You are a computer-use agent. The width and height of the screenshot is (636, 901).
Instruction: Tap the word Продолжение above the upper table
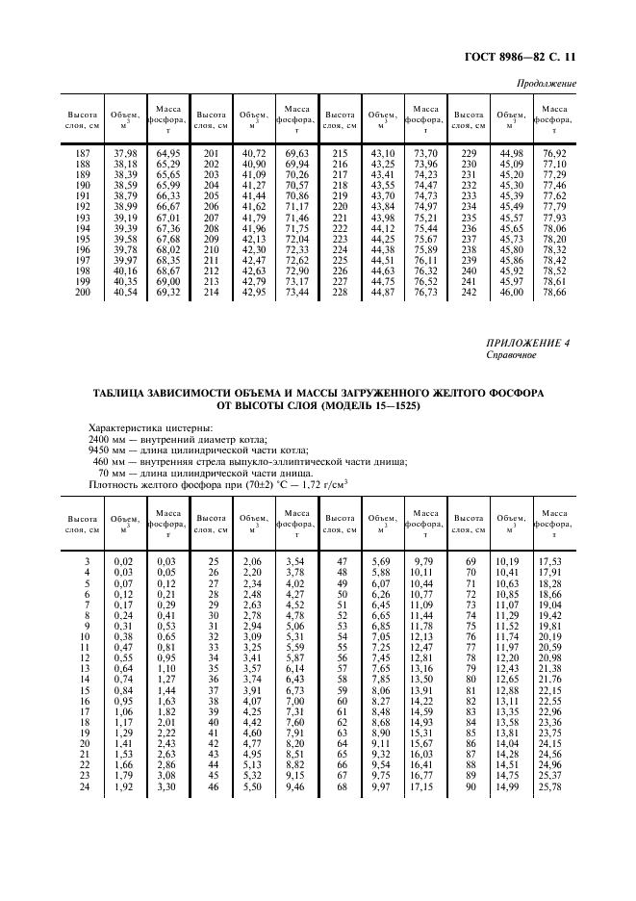pos(547,84)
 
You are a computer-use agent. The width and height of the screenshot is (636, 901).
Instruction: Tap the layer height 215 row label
pos(338,154)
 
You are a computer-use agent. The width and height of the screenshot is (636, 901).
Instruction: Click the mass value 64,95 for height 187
pos(169,154)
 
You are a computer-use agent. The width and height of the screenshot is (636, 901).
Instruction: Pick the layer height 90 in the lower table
pos(471,787)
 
